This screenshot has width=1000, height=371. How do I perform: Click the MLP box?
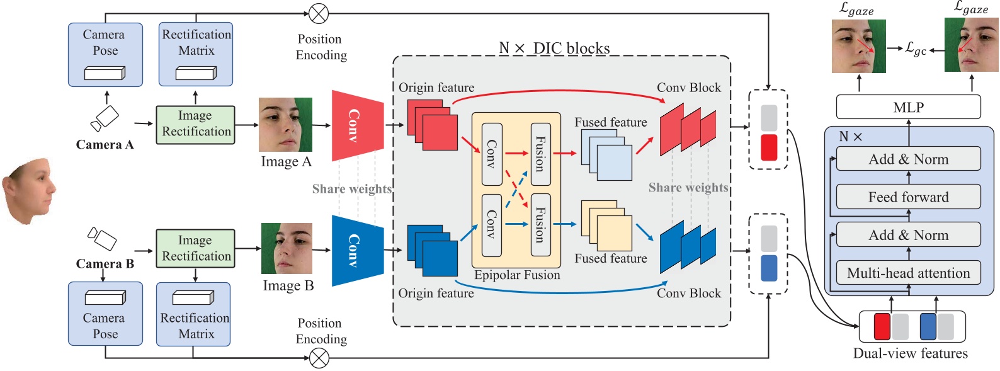[x=907, y=107]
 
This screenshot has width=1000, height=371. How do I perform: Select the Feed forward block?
[x=907, y=197]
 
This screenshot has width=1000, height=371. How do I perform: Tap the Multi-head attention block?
[x=907, y=273]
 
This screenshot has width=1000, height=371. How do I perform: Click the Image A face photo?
[x=285, y=125]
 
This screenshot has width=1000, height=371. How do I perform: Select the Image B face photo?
[x=287, y=248]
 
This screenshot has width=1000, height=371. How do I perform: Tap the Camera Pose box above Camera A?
[x=105, y=55]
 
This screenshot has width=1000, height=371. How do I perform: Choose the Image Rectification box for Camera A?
[x=195, y=125]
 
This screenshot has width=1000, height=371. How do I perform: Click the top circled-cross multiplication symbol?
[x=319, y=13]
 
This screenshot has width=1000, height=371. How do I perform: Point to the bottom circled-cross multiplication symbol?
[x=319, y=358]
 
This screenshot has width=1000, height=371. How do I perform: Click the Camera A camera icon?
[x=105, y=118]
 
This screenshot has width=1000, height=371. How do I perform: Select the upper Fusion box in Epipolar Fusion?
[x=540, y=154]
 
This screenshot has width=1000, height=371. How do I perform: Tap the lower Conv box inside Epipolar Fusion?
[x=491, y=225]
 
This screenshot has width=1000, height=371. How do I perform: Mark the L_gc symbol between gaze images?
[x=916, y=49]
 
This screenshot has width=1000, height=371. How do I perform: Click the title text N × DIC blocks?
[x=554, y=49]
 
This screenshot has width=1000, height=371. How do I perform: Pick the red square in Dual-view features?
[x=882, y=326]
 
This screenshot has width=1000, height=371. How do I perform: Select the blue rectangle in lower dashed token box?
[x=769, y=268]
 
